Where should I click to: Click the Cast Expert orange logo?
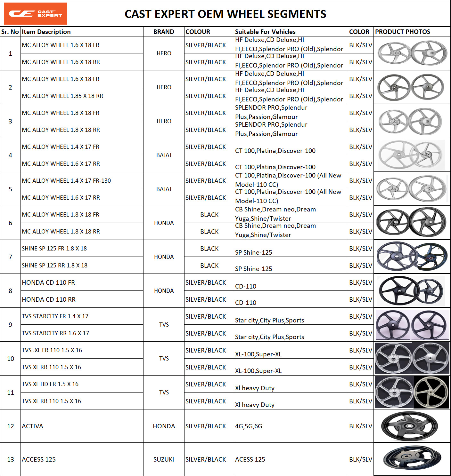tap(35, 13)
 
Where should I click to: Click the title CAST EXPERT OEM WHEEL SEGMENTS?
tap(225, 14)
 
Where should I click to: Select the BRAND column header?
tap(164, 32)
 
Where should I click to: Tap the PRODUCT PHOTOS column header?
tap(403, 32)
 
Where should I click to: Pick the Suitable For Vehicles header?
tap(265, 32)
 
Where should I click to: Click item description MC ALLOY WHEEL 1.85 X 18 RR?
tap(62, 96)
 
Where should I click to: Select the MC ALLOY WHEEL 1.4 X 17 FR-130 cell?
tap(66, 181)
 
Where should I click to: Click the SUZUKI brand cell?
tap(164, 459)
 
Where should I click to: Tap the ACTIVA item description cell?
tap(32, 426)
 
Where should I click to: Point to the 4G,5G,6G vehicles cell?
tap(249, 426)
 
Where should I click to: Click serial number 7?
tap(11, 257)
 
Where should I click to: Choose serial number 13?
tap(11, 459)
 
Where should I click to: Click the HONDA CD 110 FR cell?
tap(48, 282)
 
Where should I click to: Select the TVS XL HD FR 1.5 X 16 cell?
tap(50, 384)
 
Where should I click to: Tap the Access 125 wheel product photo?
tap(412, 458)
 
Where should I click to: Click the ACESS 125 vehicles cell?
tap(250, 459)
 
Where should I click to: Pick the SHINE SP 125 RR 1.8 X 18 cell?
tap(54, 266)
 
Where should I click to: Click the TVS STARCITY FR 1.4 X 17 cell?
tap(55, 316)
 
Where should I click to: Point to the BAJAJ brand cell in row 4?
tap(164, 155)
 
